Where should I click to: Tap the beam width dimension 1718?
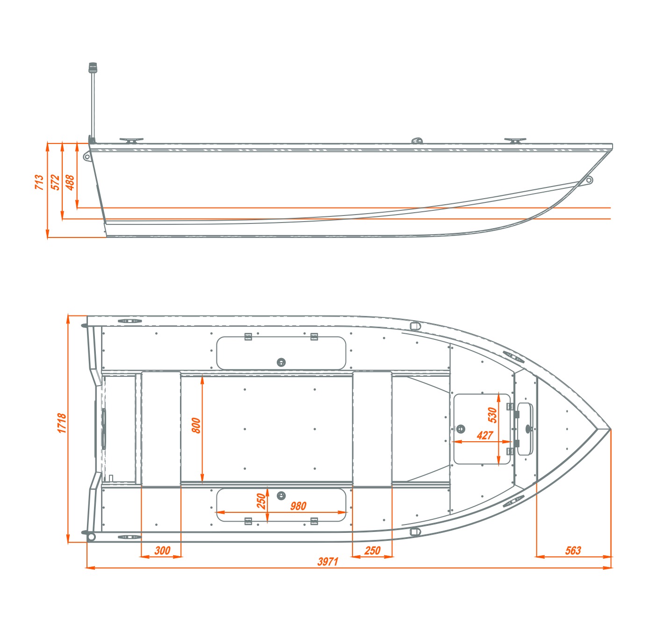(62, 423)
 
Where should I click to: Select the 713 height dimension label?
(39, 182)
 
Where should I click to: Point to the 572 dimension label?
(55, 182)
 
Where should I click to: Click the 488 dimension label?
(70, 182)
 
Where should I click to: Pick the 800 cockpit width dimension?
(196, 425)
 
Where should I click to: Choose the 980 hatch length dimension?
(298, 506)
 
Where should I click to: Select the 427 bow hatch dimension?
(485, 435)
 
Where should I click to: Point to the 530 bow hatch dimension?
(492, 415)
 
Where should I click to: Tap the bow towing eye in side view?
(589, 180)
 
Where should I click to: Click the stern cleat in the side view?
(131, 140)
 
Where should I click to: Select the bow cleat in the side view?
(515, 140)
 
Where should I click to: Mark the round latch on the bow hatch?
(461, 429)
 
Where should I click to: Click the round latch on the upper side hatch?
(281, 362)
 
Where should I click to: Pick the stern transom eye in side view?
(87, 156)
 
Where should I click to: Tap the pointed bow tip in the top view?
(611, 429)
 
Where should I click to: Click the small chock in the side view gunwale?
(417, 140)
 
